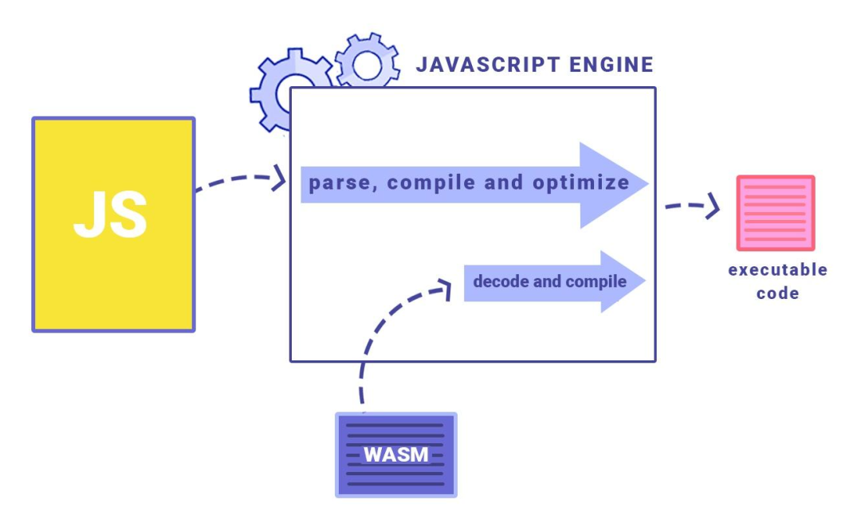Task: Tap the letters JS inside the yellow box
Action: [111, 216]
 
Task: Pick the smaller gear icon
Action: [367, 61]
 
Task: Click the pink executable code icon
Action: [775, 213]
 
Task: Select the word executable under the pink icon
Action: [777, 269]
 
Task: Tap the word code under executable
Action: [777, 293]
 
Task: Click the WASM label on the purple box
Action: [395, 454]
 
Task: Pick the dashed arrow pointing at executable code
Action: [692, 207]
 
